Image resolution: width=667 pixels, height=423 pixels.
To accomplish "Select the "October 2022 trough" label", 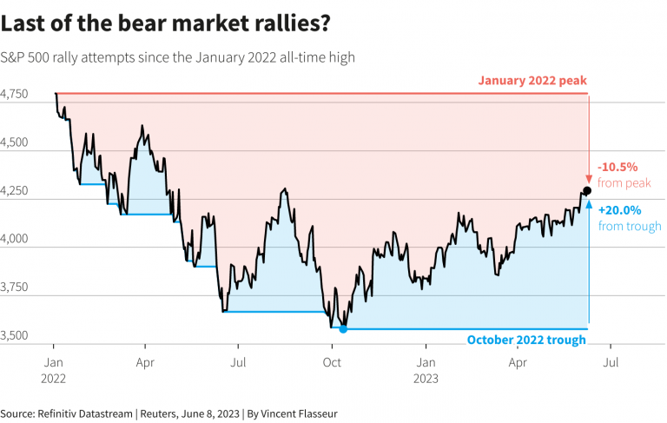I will tap(526, 340).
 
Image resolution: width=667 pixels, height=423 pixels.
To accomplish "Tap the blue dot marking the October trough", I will tap(343, 329).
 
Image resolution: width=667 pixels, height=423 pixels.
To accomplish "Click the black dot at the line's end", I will tap(588, 190).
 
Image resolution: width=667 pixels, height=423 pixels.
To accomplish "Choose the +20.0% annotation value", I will tap(617, 210).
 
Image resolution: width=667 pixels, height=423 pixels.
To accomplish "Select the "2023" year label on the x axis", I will tap(426, 378).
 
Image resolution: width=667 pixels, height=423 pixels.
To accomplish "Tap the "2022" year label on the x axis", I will tap(54, 378).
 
